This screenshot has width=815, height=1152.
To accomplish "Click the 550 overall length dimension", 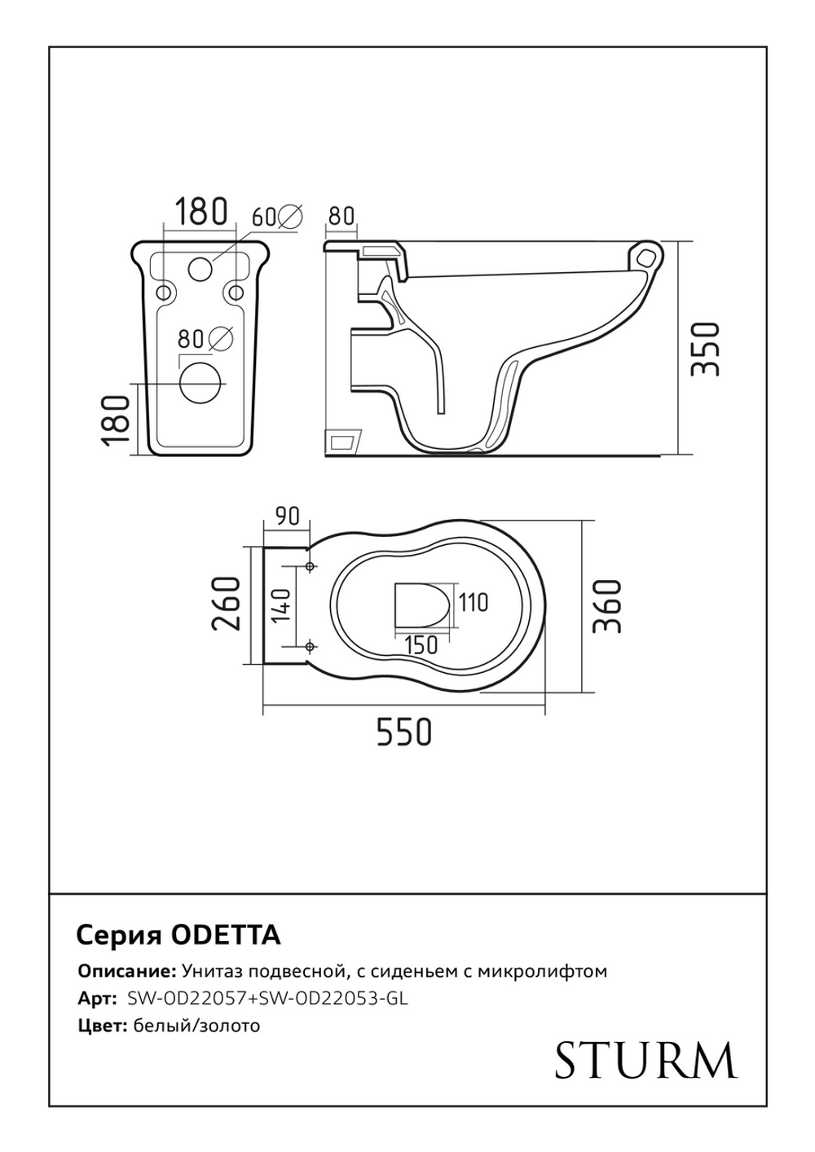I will (403, 732).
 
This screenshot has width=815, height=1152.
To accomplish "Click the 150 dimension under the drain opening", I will (421, 644).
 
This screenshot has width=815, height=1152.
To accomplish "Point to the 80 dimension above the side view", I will (341, 216).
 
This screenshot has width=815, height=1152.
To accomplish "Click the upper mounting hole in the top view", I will (310, 566).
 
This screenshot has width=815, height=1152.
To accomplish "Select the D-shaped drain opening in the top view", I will (421, 605).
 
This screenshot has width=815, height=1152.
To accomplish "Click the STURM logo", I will (645, 1059).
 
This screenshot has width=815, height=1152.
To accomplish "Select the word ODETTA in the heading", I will (227, 935).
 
